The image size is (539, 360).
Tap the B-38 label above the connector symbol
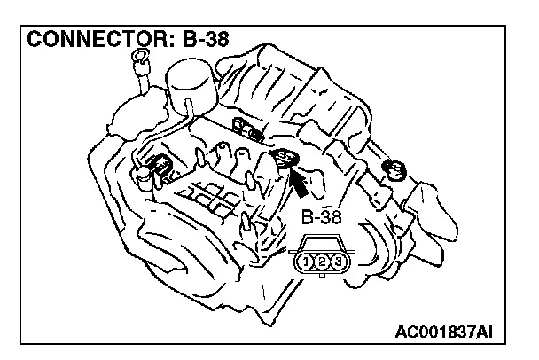coord(322,216)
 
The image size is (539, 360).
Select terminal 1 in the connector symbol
coord(307,262)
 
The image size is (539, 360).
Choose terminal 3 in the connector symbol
coord(338,262)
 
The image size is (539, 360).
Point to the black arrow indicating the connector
coord(300,184)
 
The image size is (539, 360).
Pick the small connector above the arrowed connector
coord(243,127)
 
